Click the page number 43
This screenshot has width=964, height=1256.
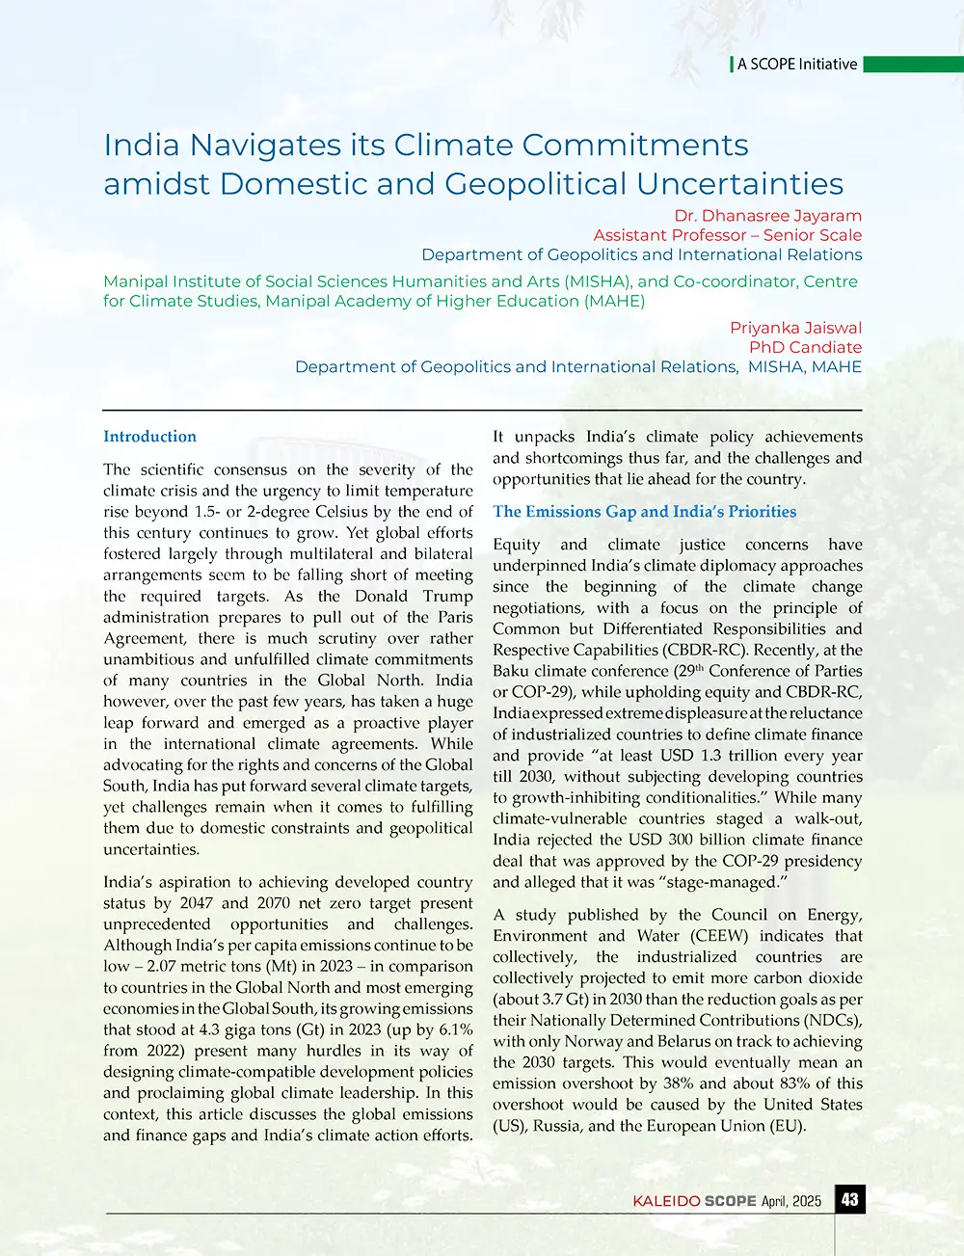pyautogui.click(x=849, y=1199)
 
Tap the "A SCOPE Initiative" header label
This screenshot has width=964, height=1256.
pyautogui.click(x=796, y=65)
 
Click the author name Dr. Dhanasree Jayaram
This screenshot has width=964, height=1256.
pyautogui.click(x=768, y=216)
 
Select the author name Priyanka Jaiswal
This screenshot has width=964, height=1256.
pyautogui.click(x=795, y=328)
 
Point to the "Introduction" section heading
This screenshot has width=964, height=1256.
pyautogui.click(x=149, y=437)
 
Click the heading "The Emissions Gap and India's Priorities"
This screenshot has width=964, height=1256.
pyautogui.click(x=644, y=512)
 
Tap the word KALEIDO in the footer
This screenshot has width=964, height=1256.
pyautogui.click(x=666, y=1201)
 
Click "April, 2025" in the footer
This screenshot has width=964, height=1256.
pyautogui.click(x=790, y=1201)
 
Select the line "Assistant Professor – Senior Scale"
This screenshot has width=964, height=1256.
pyautogui.click(x=727, y=235)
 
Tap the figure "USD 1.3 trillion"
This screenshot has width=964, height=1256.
pyautogui.click(x=657, y=756)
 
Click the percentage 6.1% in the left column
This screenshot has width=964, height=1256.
pyautogui.click(x=451, y=1029)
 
